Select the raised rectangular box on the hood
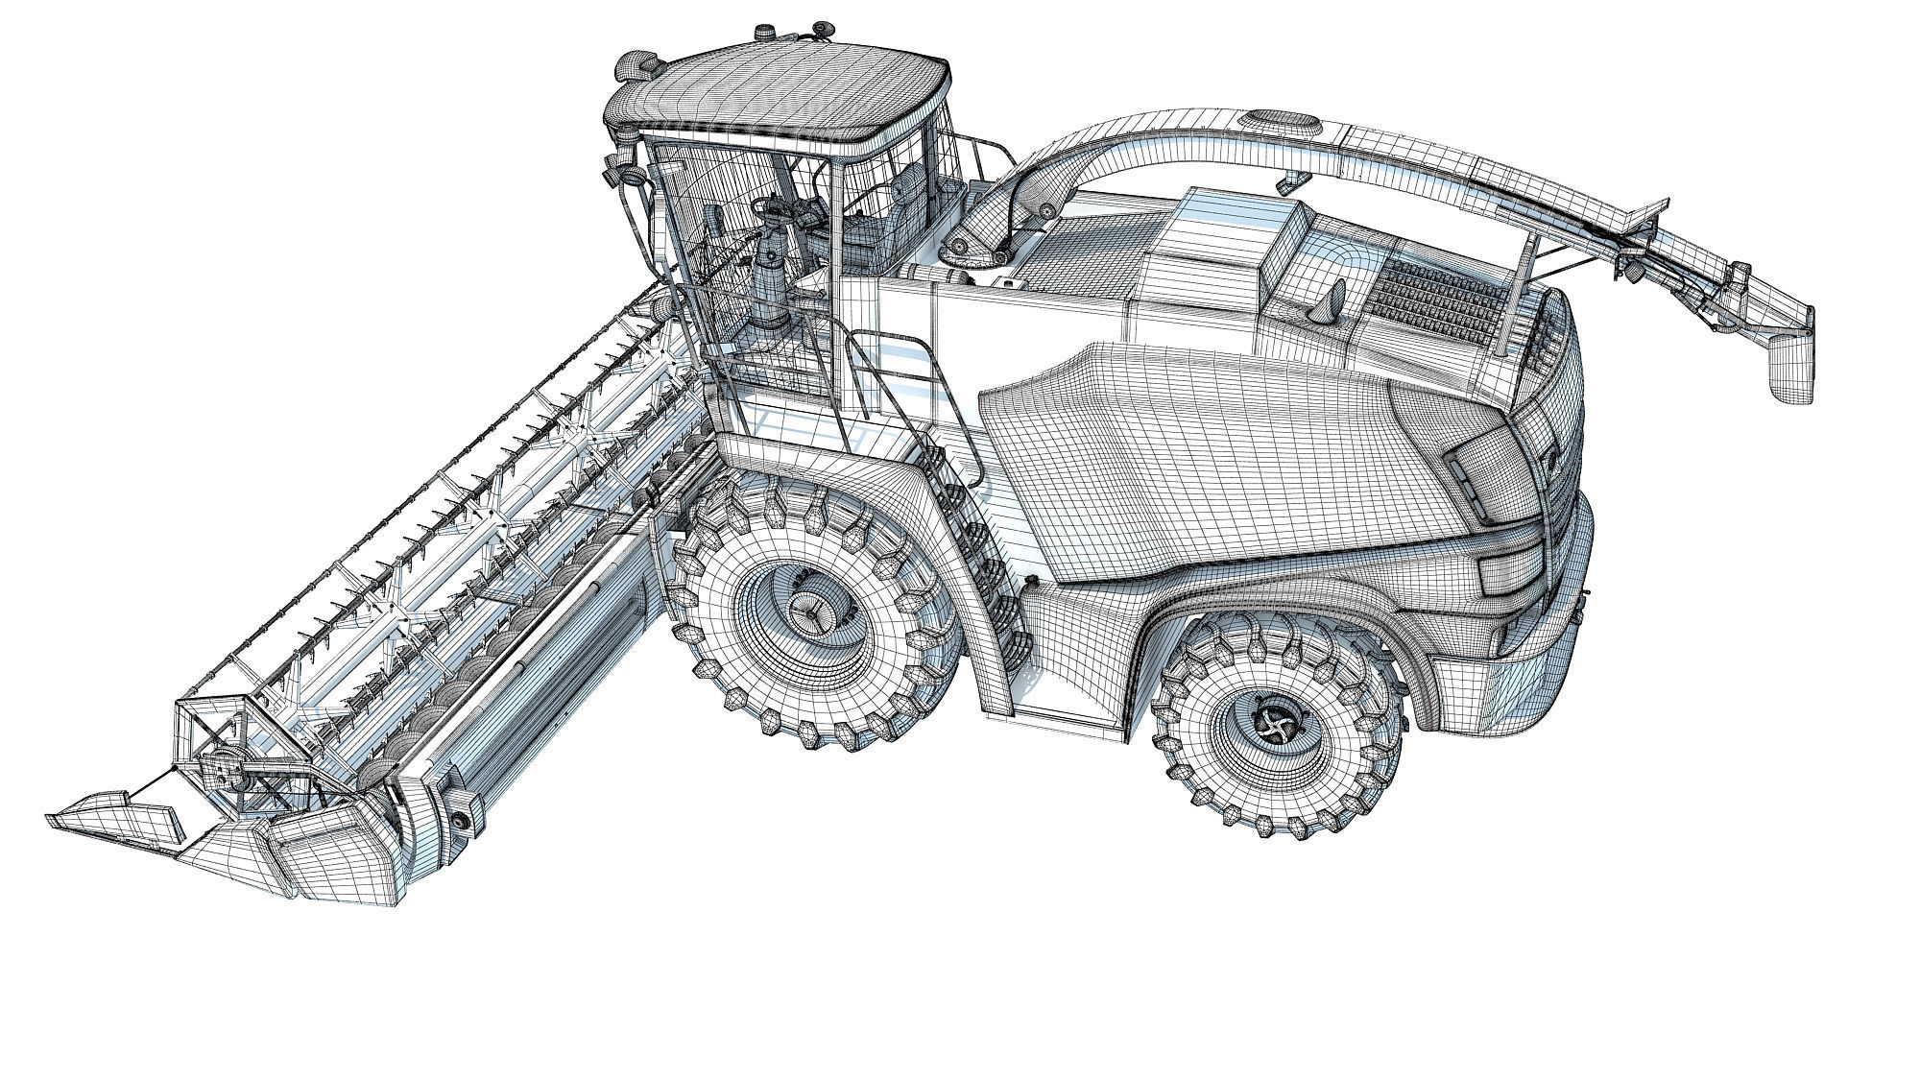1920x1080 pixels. pyautogui.click(x=1224, y=240)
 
